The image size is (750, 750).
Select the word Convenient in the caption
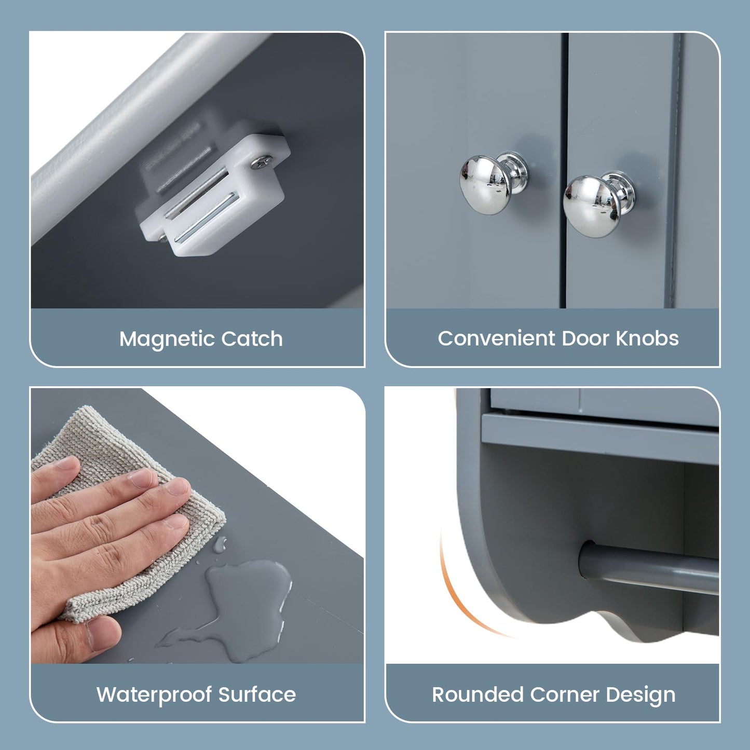[x=496, y=338]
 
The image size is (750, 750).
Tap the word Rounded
[x=477, y=694]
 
